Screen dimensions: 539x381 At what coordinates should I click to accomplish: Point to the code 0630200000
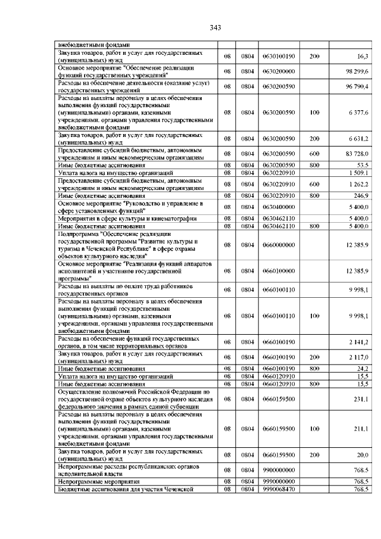279,71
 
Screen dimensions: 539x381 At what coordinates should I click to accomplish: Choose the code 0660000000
279,245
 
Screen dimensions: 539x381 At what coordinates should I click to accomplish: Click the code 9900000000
279,470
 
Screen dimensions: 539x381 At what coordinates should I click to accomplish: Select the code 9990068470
279,489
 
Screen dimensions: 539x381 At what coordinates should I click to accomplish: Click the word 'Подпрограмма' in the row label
77,234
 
